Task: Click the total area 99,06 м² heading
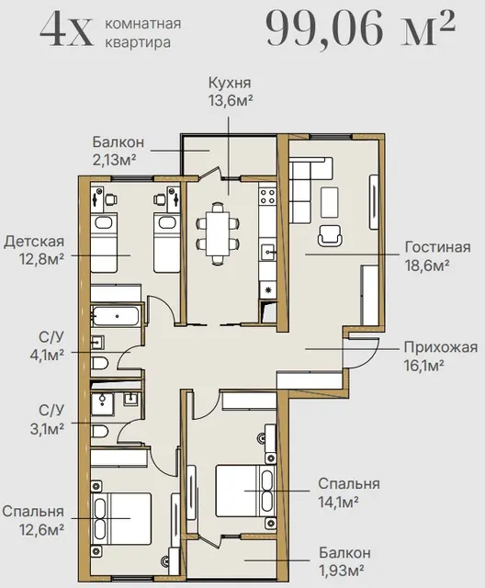point(360,28)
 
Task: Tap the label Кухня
point(230,83)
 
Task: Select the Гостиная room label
point(437,247)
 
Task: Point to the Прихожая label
point(440,347)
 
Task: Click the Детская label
point(34,241)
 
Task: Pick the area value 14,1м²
point(338,502)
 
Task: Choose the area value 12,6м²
point(41,529)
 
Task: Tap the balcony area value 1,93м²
point(341,571)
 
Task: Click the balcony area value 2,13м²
point(114,160)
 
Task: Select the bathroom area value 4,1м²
point(47,355)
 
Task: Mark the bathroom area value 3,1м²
point(47,428)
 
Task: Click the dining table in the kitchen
point(218,233)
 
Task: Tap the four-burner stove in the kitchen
point(268,196)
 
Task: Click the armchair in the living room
point(330,235)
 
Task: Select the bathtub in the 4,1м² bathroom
point(116,316)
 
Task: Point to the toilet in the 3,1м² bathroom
point(100,431)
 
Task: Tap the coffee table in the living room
point(330,202)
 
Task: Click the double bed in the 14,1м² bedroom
point(245,492)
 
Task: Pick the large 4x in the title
point(66,29)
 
